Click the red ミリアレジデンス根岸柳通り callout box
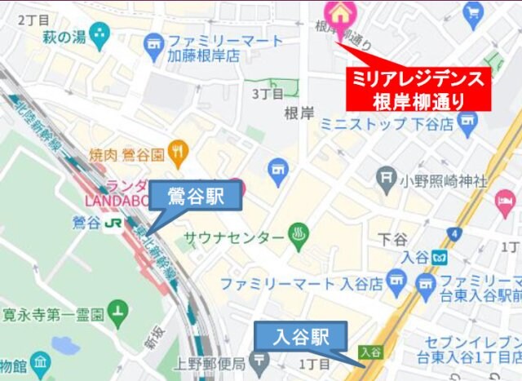pos(418,90)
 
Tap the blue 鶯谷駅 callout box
pos(196,197)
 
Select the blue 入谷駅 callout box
pos(301,336)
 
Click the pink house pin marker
pos(337,12)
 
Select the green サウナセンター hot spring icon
pos(299,237)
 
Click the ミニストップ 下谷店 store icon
pos(467,124)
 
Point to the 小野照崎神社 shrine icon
pos(387,178)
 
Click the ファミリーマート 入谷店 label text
pos(301,285)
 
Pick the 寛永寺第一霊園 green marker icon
pos(120,312)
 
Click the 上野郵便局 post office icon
pos(259,359)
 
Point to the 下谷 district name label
pos(393,239)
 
